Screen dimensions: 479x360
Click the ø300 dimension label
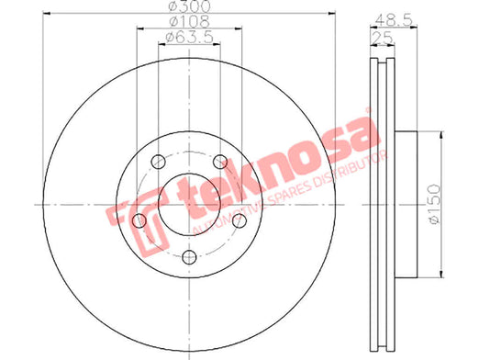coord(190,6)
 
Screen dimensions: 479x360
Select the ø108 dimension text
coord(190,21)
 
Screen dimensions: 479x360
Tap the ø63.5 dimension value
coord(189,37)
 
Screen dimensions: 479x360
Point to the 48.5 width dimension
coord(394,20)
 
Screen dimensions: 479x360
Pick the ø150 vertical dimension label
coord(435,204)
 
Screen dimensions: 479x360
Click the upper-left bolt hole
coord(159,162)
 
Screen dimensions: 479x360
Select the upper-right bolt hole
coord(220,162)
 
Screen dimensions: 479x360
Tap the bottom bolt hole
coord(189,257)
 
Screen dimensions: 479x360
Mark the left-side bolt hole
coord(139,220)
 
